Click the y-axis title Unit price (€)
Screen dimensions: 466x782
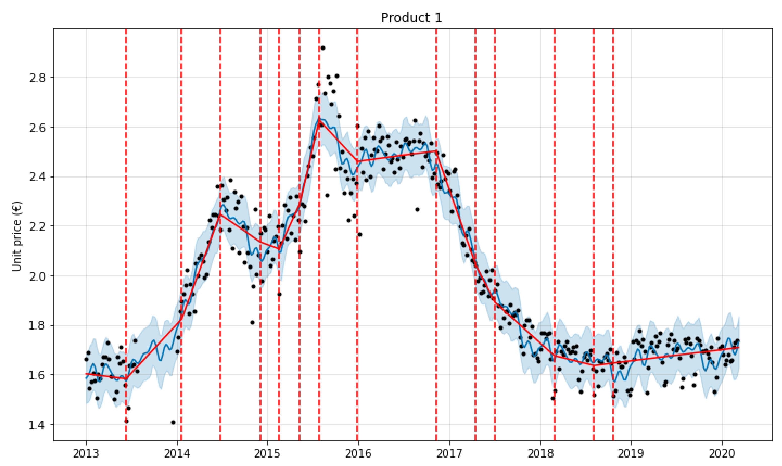pyautogui.click(x=17, y=236)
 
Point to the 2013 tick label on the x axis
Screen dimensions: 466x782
pyautogui.click(x=86, y=453)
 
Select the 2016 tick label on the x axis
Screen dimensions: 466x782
pyautogui.click(x=358, y=453)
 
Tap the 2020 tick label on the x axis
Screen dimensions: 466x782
pyautogui.click(x=722, y=453)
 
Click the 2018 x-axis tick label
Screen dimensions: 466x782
pyautogui.click(x=541, y=453)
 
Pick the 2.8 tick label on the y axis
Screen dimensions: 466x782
pyautogui.click(x=37, y=77)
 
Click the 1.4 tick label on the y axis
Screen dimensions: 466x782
pyautogui.click(x=37, y=425)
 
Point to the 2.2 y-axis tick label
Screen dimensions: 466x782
pyautogui.click(x=37, y=226)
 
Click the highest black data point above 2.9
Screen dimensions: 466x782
pyautogui.click(x=323, y=48)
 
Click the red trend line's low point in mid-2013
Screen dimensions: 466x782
pyautogui.click(x=126, y=378)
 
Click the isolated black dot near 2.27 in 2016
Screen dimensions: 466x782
pyautogui.click(x=417, y=209)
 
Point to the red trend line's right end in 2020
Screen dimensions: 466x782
pyautogui.click(x=739, y=348)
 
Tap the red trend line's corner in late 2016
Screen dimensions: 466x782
pyautogui.click(x=436, y=151)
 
